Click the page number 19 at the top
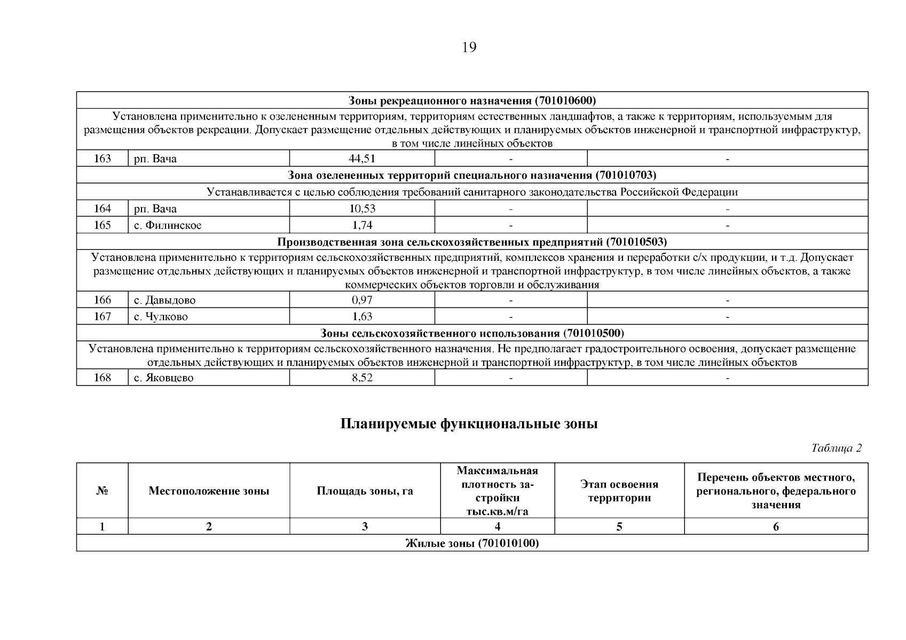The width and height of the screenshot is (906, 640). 469,47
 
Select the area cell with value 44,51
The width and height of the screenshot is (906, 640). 362,158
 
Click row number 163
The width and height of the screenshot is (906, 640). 103,158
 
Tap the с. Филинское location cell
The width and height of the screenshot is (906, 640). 168,226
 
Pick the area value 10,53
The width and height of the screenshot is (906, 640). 362,209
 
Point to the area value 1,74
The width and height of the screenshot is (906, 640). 362,226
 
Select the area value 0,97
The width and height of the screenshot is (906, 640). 362,300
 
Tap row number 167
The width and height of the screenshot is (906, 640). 103,317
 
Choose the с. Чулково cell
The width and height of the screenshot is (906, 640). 161,317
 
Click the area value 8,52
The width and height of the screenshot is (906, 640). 362,378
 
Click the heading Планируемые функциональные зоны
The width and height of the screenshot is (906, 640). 469,424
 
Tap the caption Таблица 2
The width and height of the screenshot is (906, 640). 836,448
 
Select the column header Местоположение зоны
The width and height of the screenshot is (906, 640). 209,491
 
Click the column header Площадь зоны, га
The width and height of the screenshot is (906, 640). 365,491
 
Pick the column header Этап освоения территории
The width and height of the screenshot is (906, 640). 619,491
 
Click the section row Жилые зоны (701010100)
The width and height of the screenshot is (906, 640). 472,543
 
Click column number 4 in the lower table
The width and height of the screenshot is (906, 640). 498,527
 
